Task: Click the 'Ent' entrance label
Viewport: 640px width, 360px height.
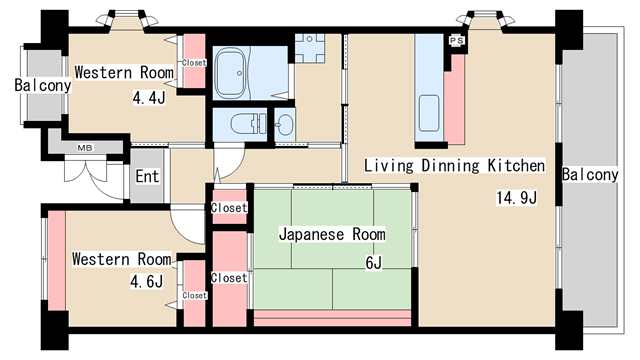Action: pos(147,177)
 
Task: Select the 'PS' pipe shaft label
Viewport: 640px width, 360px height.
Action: pos(456,40)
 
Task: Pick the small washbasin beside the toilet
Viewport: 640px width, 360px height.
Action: pos(284,124)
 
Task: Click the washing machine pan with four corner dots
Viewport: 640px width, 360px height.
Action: pos(309,49)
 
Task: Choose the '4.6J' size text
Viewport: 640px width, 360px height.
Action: pos(146,281)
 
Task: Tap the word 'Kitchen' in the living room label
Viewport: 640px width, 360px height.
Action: pos(515,165)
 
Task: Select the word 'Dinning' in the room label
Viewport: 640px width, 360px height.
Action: pos(444,165)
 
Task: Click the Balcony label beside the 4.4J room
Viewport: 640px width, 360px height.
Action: pos(42,86)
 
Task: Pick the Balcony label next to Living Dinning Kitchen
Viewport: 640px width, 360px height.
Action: pos(590,174)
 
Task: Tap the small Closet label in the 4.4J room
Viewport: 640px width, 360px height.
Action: pos(194,63)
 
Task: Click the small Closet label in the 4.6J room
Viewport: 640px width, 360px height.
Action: pos(194,295)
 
